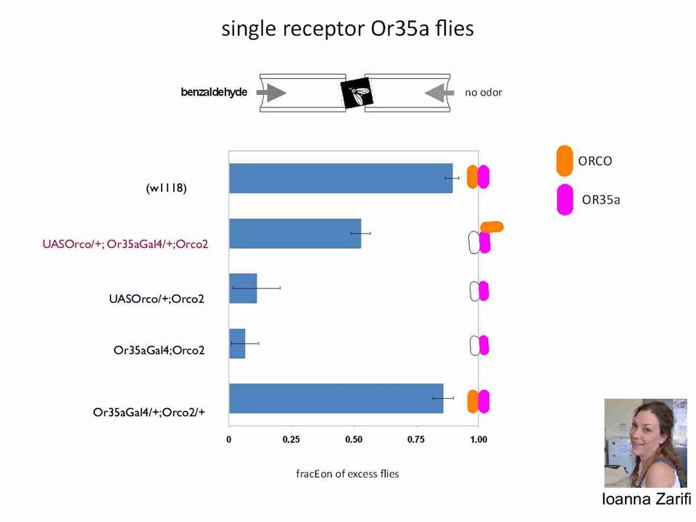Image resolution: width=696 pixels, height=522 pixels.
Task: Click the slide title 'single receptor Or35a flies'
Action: click(347, 29)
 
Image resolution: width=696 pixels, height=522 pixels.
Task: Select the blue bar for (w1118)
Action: click(341, 178)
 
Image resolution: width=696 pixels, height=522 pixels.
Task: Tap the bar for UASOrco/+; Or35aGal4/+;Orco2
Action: click(295, 233)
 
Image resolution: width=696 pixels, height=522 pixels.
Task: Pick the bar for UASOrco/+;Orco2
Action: click(244, 289)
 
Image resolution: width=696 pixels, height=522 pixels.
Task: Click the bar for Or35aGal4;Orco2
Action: click(238, 344)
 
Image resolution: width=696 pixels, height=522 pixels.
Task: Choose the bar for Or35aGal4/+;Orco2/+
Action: click(336, 399)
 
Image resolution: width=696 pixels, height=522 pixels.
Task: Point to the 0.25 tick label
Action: click(291, 439)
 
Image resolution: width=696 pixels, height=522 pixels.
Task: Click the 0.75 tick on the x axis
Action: click(416, 439)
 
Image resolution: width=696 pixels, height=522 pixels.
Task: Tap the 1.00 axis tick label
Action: click(478, 439)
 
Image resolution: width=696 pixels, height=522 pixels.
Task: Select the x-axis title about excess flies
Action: click(347, 474)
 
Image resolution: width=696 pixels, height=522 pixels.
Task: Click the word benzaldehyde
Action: click(214, 92)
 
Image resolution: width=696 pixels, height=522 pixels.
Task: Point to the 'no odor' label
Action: click(484, 93)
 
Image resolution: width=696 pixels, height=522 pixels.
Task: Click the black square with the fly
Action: click(357, 93)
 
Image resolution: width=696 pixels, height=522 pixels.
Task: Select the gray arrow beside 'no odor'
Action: click(439, 93)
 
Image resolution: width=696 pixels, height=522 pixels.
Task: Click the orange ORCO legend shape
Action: click(564, 161)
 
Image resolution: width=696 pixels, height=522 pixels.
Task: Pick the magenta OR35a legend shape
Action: click(565, 200)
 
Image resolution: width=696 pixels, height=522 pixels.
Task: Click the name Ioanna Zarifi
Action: click(646, 499)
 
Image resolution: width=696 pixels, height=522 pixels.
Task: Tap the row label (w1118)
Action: click(167, 188)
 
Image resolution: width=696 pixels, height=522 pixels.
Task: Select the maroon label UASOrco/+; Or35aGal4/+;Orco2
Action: click(125, 244)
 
